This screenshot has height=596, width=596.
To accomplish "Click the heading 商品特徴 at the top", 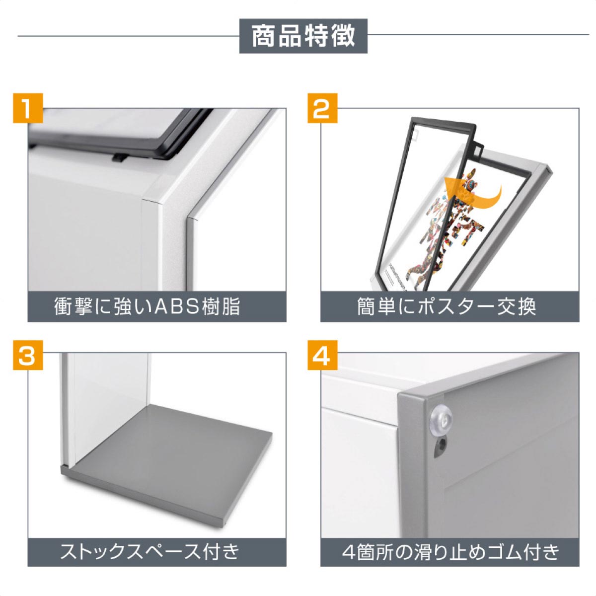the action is pos(303,36).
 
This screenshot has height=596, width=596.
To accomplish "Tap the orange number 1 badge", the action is pos(28,108).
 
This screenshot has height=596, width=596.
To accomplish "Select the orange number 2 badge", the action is pos(322,108).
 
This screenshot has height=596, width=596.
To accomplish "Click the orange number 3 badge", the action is pos(28,356).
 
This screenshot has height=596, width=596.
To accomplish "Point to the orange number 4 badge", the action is pos(322,356).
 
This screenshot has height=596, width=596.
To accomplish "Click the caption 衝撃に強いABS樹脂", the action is pos(147,307).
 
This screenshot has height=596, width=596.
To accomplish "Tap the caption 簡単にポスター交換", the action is pos(447,307).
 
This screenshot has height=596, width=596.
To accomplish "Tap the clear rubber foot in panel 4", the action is pos(441,420).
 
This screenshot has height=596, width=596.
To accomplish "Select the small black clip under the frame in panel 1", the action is pos(119,158).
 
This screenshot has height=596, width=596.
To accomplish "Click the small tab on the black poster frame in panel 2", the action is pos(478,148).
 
